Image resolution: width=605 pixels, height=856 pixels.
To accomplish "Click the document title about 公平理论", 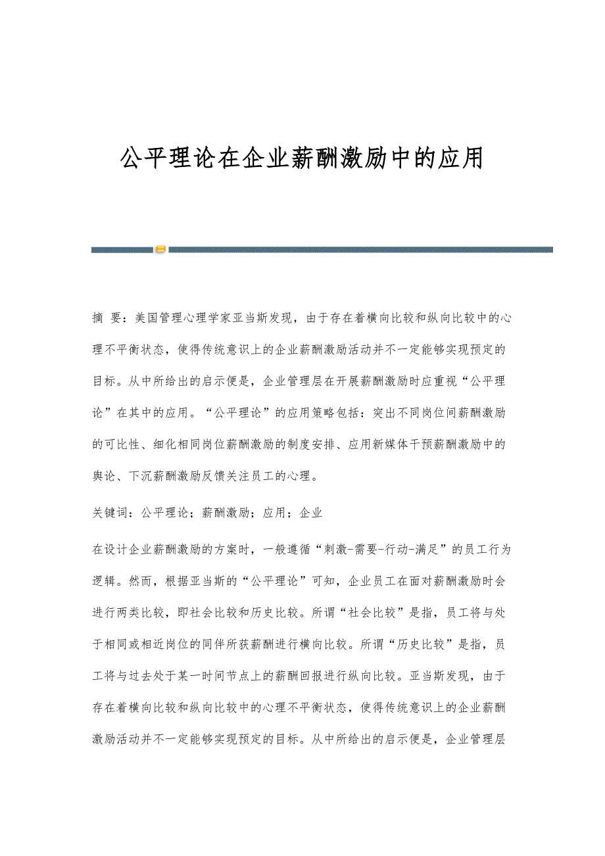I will pyautogui.click(x=302, y=158).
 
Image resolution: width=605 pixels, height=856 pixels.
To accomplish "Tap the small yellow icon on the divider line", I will pyautogui.click(x=160, y=250).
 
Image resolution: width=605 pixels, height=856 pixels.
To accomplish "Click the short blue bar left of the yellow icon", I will pyautogui.click(x=122, y=250).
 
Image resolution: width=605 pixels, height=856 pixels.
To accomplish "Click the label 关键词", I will pyautogui.click(x=110, y=512).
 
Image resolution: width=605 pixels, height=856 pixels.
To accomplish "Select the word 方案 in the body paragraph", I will pyautogui.click(x=231, y=548).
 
